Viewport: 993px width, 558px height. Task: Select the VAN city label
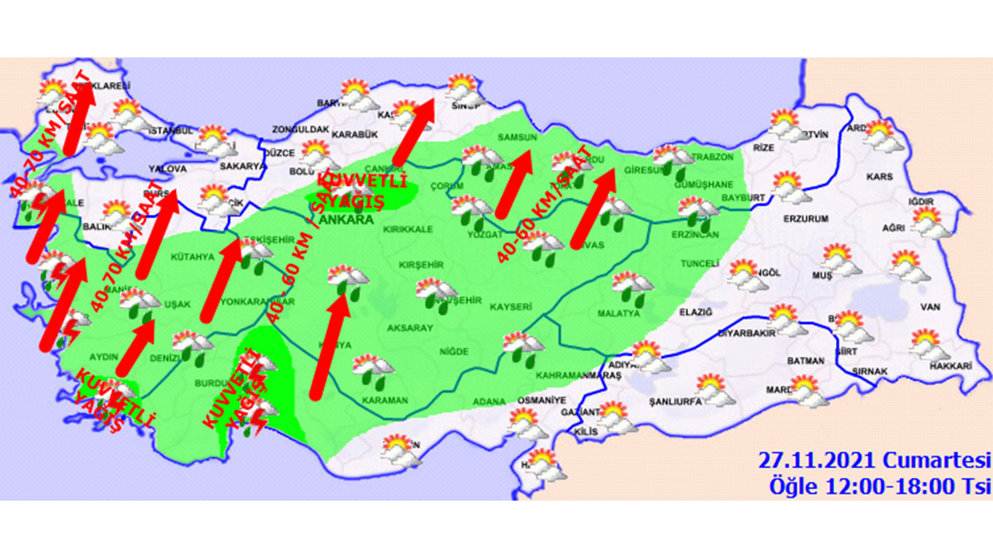(x=929, y=307)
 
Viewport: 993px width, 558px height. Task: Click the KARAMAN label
(x=385, y=401)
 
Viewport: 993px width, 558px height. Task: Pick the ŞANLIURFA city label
(x=677, y=402)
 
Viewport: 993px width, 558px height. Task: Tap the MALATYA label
(x=618, y=314)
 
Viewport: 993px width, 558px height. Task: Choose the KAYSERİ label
(x=510, y=307)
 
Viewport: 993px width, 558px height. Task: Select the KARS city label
(x=880, y=177)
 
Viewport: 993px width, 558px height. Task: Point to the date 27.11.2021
(x=816, y=460)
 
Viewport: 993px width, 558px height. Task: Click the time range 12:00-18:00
(x=891, y=487)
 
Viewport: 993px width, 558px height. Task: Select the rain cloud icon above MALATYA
(x=633, y=288)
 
